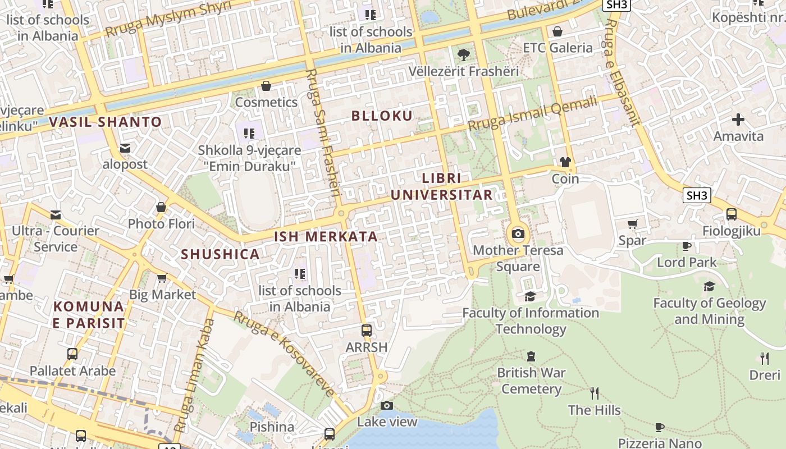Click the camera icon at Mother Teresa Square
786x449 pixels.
tap(518, 233)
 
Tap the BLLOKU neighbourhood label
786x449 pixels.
tap(382, 116)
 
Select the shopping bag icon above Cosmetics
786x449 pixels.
tap(266, 86)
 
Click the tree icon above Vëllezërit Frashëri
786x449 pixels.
tap(463, 55)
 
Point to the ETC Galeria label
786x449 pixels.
tap(557, 48)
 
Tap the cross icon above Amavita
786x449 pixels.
tap(738, 120)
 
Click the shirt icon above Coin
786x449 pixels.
tap(565, 162)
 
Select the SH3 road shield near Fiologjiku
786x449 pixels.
tap(697, 195)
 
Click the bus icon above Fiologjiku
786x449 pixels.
tap(731, 214)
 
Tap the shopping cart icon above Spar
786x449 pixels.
tap(632, 224)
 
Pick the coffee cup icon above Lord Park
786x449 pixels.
tap(686, 246)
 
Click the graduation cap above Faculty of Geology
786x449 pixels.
tap(709, 287)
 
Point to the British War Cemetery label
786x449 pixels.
tap(531, 381)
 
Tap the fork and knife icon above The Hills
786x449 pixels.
tap(594, 393)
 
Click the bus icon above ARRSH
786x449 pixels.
tap(367, 331)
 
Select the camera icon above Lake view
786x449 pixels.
tap(386, 405)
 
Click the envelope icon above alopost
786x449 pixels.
tap(125, 148)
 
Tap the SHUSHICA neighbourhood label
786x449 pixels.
tap(220, 254)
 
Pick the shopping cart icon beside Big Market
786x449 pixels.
tap(162, 278)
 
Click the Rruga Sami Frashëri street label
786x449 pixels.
tap(324, 132)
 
